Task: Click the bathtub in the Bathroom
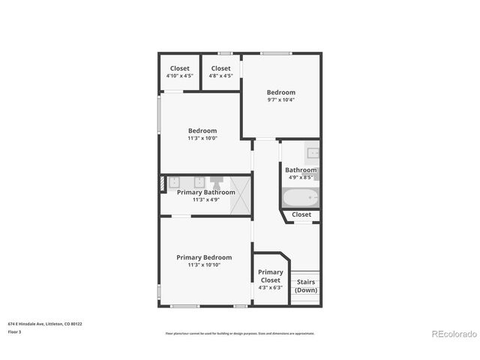pyautogui.click(x=300, y=199)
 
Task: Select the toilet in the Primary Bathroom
pyautogui.click(x=217, y=182)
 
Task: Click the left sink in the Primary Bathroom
pyautogui.click(x=173, y=181)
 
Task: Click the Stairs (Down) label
pyautogui.click(x=305, y=286)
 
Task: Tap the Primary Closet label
pyautogui.click(x=270, y=276)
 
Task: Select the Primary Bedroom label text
pyautogui.click(x=204, y=257)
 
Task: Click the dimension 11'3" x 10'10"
pyautogui.click(x=204, y=265)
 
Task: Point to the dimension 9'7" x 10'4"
pyautogui.click(x=281, y=100)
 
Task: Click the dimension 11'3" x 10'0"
pyautogui.click(x=202, y=138)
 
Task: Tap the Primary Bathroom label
pyautogui.click(x=205, y=192)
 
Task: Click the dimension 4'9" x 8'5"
pyautogui.click(x=300, y=178)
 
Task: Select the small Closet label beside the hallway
pyautogui.click(x=301, y=214)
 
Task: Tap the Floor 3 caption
pyautogui.click(x=15, y=331)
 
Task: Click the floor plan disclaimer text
pyautogui.click(x=239, y=333)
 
